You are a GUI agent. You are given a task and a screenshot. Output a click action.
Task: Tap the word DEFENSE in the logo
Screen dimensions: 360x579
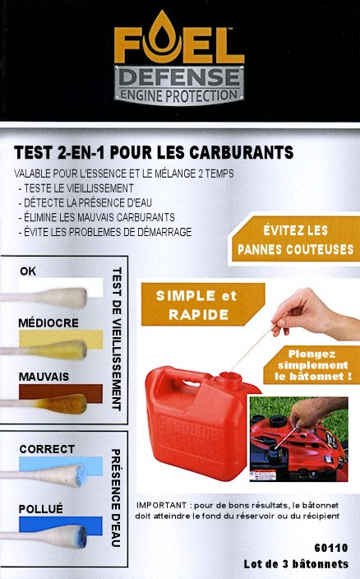point(179,77)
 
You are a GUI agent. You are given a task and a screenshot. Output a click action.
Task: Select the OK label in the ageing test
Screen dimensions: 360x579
point(28,271)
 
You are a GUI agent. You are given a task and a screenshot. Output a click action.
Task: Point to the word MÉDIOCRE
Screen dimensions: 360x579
point(48,323)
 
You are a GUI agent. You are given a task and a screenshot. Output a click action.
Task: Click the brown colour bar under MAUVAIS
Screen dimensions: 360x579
point(61,393)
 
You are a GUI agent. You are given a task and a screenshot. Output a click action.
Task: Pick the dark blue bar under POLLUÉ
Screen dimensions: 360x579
point(61,525)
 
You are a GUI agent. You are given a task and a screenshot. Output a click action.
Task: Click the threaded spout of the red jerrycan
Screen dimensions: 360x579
point(229,381)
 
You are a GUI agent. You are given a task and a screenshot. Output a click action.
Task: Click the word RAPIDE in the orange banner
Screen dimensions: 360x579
point(198,315)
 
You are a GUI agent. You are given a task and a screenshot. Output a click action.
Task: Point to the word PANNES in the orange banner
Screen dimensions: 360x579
point(260,250)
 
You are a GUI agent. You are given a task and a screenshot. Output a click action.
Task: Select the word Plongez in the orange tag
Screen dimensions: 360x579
point(312,354)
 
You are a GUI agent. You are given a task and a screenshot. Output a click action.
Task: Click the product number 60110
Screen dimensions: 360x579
point(331,548)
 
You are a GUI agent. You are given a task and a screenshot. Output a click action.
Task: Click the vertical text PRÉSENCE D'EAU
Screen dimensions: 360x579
point(116,498)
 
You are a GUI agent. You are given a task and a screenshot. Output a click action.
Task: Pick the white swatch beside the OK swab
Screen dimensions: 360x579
point(61,287)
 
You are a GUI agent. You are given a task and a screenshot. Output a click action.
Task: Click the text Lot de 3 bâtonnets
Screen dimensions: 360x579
point(296,564)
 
